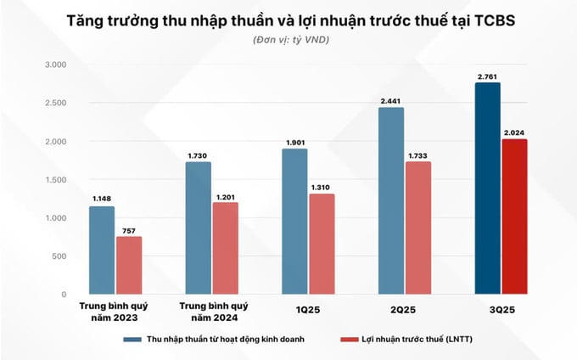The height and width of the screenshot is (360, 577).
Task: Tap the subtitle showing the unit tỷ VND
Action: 288,41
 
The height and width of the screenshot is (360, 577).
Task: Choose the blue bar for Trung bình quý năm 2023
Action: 102,250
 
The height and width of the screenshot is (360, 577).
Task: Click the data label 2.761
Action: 487,76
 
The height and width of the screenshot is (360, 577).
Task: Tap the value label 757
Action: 129,230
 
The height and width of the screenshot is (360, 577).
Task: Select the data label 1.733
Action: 418,155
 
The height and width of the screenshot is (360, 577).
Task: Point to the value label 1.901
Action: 294,142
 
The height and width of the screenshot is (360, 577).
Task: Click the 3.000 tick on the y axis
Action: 54,65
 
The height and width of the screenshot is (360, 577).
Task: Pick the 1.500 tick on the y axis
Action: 54,180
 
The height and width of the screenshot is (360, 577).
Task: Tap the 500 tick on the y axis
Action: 58,256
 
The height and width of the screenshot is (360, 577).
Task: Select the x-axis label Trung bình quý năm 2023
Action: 114,310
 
